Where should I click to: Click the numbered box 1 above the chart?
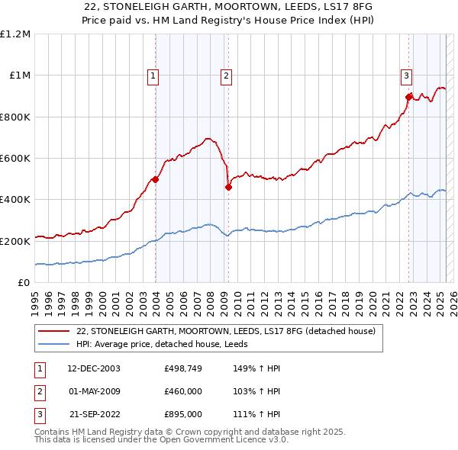(153, 76)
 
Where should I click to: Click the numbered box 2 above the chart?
(227, 76)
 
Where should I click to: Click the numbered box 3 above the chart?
(406, 76)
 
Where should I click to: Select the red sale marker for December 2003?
(155, 179)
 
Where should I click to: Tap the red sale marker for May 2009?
(228, 187)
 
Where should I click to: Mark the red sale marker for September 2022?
(409, 97)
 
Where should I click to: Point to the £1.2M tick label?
(15, 34)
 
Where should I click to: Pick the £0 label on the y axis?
(22, 282)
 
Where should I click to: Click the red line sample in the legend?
(53, 332)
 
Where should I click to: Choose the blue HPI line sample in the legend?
(53, 345)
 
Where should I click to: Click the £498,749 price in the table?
(182, 368)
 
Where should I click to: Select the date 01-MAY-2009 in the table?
(93, 392)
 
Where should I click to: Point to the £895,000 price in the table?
(182, 415)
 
